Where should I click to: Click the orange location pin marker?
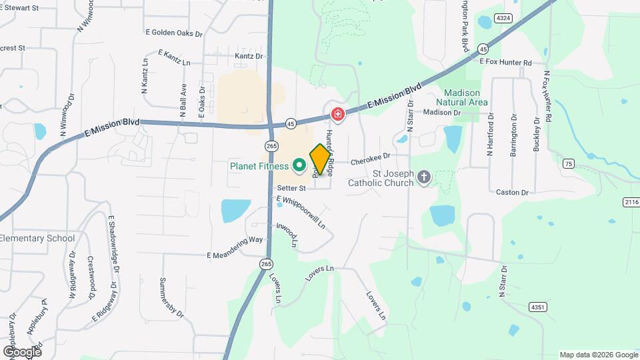[321, 159]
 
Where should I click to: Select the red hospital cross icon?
[338, 115]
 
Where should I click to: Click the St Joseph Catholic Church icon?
[423, 177]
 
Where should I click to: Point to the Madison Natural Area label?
[461, 97]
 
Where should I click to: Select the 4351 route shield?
[538, 307]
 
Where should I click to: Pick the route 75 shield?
[568, 163]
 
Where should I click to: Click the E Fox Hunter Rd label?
[506, 63]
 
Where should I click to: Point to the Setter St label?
[292, 189]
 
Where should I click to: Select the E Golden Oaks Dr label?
[173, 32]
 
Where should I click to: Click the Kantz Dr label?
[249, 57]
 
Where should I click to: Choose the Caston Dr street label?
[512, 193]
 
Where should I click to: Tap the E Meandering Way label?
[235, 247]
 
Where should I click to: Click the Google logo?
[22, 351]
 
